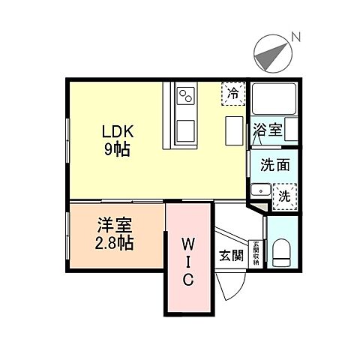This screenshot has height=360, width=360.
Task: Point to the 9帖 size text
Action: point(118,150)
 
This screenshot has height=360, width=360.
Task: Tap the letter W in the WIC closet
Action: point(187,244)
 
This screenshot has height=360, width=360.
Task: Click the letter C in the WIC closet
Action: point(188,280)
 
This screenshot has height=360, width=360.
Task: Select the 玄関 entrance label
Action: point(231,256)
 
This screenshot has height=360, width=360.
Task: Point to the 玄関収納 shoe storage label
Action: point(256,253)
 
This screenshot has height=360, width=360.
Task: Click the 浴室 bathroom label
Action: point(268,129)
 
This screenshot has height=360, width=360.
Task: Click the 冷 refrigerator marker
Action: point(232,94)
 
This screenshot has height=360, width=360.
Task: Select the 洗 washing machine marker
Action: point(284,196)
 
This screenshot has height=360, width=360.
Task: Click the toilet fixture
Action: point(282,253)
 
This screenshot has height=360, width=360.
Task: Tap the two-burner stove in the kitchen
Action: point(185,96)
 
